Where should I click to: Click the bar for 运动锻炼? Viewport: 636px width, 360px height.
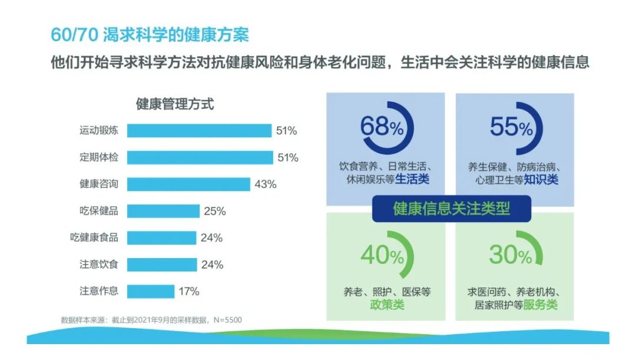[x=199, y=131]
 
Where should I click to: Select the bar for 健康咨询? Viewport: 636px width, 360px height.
[x=188, y=184]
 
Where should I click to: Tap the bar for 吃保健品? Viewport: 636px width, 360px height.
[x=164, y=211]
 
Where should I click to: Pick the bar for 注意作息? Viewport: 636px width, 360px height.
[x=151, y=292]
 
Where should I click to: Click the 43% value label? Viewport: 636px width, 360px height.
[x=266, y=184]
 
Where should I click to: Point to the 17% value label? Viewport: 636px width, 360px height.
[x=189, y=292]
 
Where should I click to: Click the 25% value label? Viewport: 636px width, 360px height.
[x=215, y=211]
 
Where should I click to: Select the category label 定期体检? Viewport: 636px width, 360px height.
[x=99, y=157]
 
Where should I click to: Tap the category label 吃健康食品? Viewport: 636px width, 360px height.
[x=94, y=237]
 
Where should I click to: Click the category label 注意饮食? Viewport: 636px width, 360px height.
[x=99, y=264]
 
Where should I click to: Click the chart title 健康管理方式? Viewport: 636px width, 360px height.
[x=175, y=104]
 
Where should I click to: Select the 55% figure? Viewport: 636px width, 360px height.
[x=511, y=127]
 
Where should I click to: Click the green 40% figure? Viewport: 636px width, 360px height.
[x=382, y=255]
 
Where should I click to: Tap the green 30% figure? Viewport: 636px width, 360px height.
[x=511, y=255]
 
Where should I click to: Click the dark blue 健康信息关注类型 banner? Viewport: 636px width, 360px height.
[x=452, y=209]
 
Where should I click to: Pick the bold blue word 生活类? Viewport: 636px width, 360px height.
[x=412, y=179]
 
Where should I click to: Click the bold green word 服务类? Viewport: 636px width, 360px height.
[x=540, y=305]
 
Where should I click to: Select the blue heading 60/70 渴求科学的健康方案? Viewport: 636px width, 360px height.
[x=150, y=35]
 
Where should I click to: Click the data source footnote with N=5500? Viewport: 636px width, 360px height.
[x=151, y=320]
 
